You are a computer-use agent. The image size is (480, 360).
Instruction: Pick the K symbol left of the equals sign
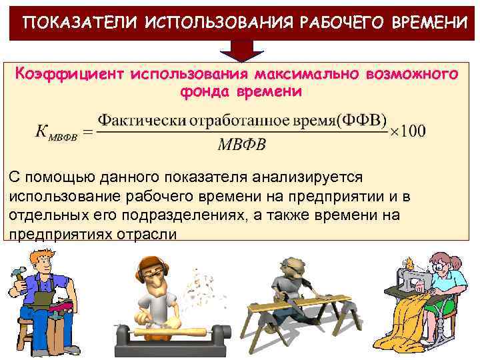click(x=44, y=131)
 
